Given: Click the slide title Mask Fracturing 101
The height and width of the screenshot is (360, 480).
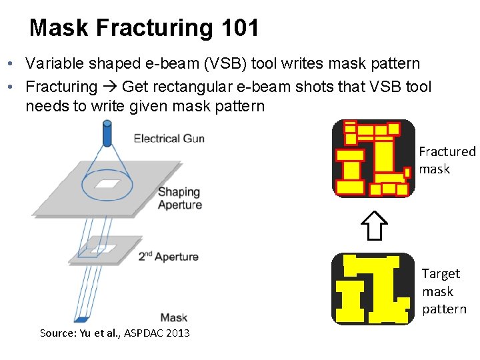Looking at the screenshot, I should coord(144,28).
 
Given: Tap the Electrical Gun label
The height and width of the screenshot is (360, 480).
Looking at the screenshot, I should coord(169,139).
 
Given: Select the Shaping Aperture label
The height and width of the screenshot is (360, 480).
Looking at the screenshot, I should coord(179,199).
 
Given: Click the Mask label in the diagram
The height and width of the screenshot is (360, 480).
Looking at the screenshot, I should coord(173,318).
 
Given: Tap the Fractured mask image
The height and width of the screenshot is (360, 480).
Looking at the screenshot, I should coord(373,159).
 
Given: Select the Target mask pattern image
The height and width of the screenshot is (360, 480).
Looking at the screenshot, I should coord(373,289).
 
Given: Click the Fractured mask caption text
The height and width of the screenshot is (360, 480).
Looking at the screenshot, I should coord(447,161).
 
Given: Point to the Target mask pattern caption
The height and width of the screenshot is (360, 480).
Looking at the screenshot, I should coord(443,291).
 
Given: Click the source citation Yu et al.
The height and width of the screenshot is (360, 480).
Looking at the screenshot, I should coord(115,333).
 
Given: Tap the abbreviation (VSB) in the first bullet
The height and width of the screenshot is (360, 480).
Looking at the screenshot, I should coord(220,64).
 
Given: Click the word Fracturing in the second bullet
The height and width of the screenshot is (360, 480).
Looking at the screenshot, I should coord(61,87).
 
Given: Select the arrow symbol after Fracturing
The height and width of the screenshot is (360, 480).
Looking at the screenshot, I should coord(110,87).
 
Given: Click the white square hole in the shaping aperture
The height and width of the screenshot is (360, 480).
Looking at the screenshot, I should coord(107,183).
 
